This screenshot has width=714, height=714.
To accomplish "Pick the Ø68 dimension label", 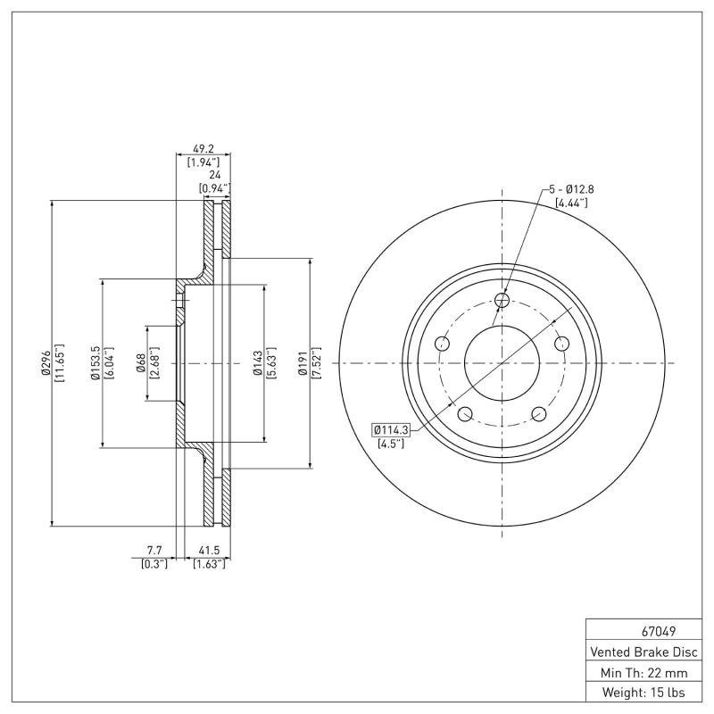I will pos(141,364).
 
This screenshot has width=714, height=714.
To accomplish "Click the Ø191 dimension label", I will pos(303,364).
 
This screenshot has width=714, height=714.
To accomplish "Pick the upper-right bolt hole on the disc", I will pos(561,345).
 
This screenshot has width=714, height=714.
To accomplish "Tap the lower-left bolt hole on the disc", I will pos(464,414).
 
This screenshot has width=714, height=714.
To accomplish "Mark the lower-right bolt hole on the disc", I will pos(538,414).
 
